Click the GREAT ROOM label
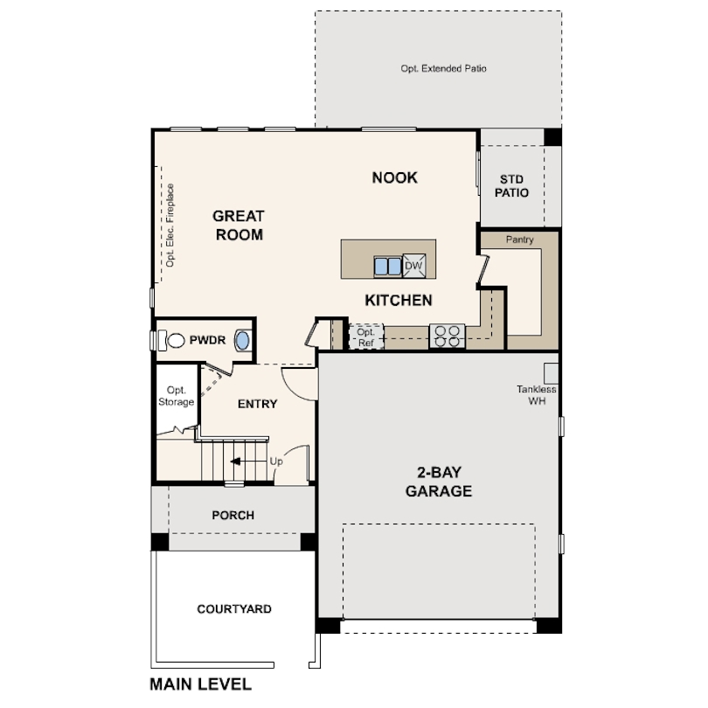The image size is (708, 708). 238,225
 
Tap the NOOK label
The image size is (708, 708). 395,177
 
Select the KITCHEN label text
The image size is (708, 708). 399,301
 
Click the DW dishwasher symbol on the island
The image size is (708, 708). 413,266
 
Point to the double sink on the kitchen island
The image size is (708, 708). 387,266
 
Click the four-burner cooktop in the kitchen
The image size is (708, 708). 448,337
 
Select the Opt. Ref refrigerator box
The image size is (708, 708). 366,337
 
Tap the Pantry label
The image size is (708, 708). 519,239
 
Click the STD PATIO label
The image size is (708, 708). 513,185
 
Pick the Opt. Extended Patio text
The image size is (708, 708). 443,67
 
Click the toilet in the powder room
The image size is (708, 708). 172,341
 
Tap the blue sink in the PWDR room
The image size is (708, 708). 244,341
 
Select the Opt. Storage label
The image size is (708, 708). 176,396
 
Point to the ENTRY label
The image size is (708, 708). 257,404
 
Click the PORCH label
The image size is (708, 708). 233,515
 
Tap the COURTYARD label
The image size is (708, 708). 233,608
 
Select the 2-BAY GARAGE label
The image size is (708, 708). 438,482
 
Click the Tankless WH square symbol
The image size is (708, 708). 551,370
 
